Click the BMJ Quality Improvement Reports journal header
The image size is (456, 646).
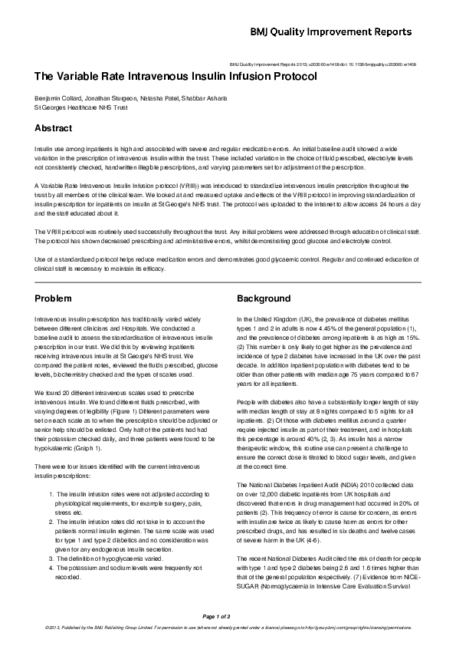pos(353,32)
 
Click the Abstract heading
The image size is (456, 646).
pos(54,128)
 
